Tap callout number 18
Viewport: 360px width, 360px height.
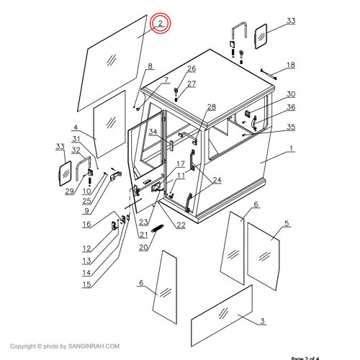[290, 65]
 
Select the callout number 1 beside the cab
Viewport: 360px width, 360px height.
[291, 150]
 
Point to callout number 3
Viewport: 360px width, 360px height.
[263, 320]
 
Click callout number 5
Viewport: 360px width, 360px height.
[286, 224]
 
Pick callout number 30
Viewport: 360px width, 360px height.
[291, 94]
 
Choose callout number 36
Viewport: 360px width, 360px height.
[291, 108]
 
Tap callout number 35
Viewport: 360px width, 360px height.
[291, 127]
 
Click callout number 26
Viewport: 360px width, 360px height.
[192, 69]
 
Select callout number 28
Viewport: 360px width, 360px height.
[212, 107]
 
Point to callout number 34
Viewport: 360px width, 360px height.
[153, 132]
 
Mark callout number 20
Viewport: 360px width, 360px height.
[143, 248]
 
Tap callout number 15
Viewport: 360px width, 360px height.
[86, 284]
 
